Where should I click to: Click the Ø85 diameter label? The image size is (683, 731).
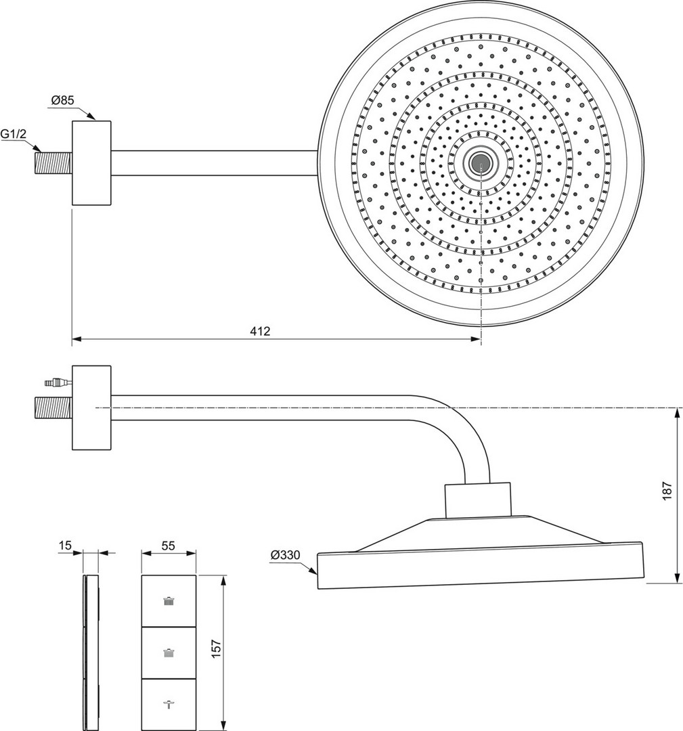coord(63,101)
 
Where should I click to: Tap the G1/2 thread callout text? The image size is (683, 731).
coord(14,135)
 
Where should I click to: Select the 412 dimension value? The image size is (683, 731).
coord(260,331)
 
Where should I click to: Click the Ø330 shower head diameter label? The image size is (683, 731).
coord(285,555)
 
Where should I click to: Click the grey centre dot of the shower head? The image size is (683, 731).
coord(481,162)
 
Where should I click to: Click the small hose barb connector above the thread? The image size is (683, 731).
coord(56,382)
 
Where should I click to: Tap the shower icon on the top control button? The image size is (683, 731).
coord(169,600)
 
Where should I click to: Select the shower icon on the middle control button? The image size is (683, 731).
coord(169,652)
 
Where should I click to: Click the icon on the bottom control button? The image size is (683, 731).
coord(169,704)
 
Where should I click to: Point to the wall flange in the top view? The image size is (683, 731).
coord(91,163)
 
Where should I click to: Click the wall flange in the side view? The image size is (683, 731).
coord(91,408)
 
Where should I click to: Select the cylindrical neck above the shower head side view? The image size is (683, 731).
coord(477,500)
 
